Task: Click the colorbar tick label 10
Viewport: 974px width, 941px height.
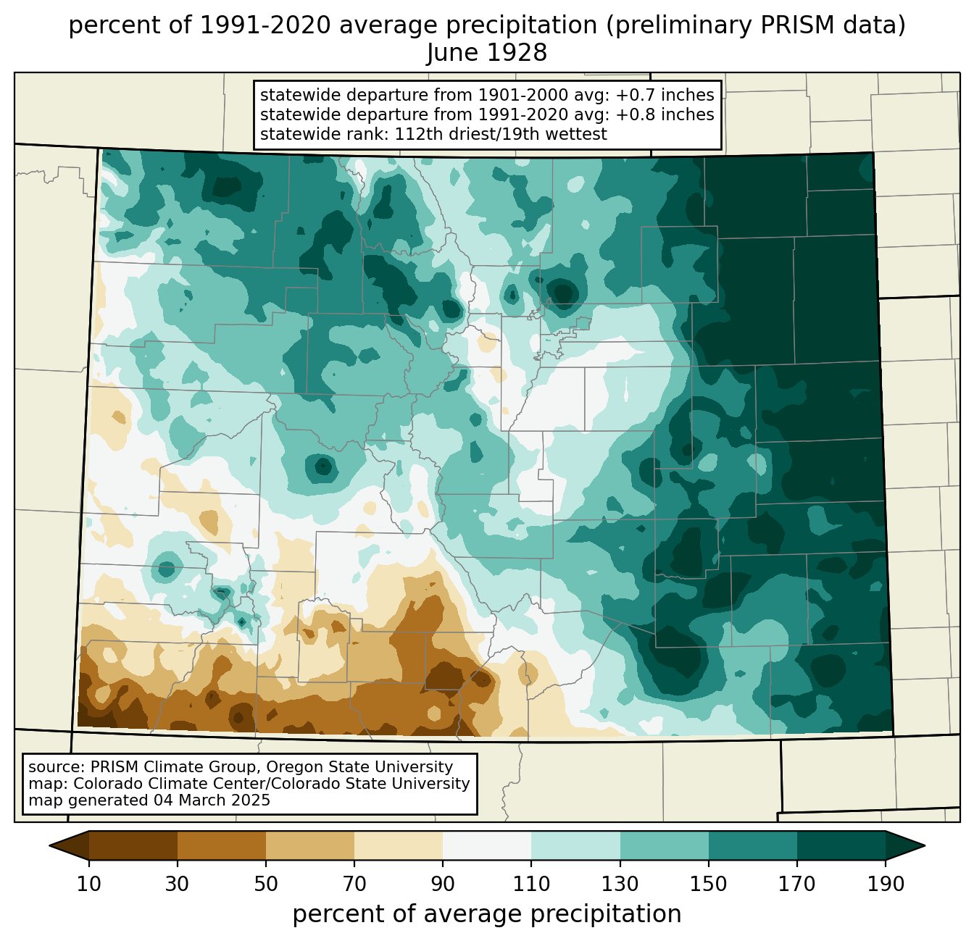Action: [x=88, y=884]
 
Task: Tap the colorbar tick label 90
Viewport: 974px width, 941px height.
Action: [x=443, y=884]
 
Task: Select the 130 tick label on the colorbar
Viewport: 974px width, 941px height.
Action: [x=620, y=884]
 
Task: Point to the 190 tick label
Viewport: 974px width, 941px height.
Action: [x=886, y=884]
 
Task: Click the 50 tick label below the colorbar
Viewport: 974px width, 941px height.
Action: [x=266, y=884]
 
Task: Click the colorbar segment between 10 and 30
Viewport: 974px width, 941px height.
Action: [x=133, y=846]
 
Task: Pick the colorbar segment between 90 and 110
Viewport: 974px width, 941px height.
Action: [x=487, y=846]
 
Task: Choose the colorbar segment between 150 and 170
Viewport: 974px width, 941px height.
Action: [x=753, y=846]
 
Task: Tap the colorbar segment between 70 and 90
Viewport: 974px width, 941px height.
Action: [x=399, y=846]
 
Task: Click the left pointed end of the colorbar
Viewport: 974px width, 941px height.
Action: [x=50, y=846]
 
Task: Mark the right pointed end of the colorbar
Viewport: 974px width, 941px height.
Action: [x=924, y=846]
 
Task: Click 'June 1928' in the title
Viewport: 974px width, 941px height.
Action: [x=486, y=53]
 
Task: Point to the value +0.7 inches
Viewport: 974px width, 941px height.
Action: [x=665, y=95]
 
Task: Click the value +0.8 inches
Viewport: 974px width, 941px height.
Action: [x=665, y=114]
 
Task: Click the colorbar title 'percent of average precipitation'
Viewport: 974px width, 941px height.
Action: [x=486, y=914]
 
